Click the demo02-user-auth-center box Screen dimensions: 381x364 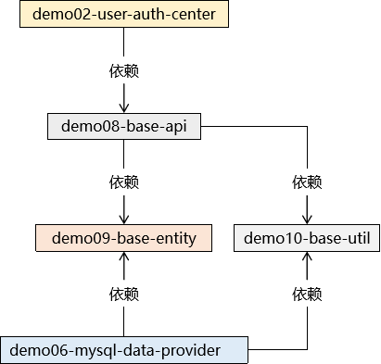click(124, 14)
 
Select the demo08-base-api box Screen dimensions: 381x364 click(124, 126)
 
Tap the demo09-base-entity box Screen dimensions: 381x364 click(124, 238)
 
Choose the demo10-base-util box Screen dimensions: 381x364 click(307, 238)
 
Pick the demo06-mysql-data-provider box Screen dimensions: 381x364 click(124, 350)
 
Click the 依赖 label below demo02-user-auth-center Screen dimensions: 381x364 click(124, 70)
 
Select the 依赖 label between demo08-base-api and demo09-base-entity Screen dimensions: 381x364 click(124, 182)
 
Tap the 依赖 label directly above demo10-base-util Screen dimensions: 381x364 click(307, 182)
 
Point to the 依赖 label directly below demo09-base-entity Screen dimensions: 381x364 click(124, 294)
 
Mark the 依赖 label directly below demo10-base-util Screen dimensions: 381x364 click(307, 294)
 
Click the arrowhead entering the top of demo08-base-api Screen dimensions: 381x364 click(124, 108)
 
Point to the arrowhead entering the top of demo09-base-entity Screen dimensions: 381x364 click(124, 220)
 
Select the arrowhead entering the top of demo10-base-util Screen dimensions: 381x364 click(307, 220)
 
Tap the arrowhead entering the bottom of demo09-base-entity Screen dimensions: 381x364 click(124, 257)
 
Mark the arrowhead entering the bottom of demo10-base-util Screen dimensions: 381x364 click(307, 257)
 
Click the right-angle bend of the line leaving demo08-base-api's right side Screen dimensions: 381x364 click(307, 126)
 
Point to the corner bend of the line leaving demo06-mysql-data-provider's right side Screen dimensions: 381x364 click(307, 350)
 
